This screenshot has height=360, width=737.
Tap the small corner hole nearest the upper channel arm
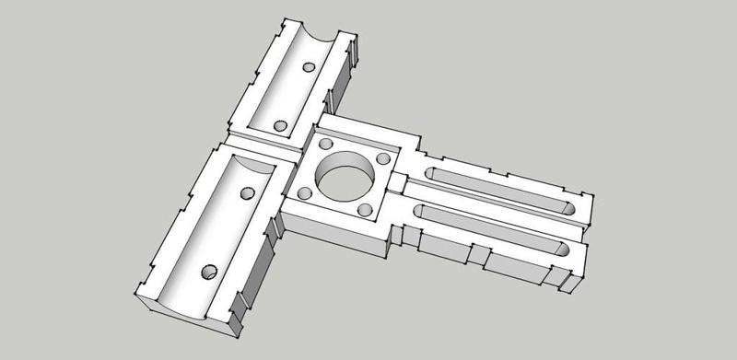click(325, 145)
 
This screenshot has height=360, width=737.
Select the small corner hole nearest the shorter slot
click(385, 157)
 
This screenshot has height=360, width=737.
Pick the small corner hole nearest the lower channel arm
click(304, 192)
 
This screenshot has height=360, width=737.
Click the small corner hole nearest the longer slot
click(365, 211)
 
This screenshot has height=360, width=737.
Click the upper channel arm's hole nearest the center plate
click(280, 124)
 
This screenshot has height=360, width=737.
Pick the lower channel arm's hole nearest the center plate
click(246, 194)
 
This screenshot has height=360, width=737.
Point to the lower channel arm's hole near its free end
click(209, 272)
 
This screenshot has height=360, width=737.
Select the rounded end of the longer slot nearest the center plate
click(420, 211)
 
